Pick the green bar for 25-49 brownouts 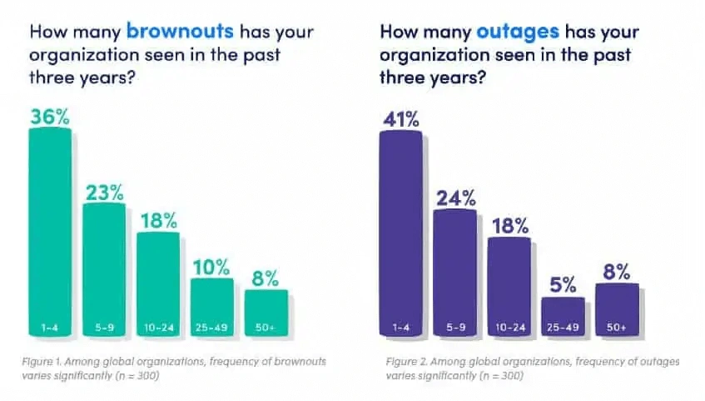212,307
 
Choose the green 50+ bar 266,313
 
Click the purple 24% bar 454,272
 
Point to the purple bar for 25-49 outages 563,316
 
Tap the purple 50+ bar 617,309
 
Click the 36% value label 50,117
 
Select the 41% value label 400,118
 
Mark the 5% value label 563,283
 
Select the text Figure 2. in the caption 407,362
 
